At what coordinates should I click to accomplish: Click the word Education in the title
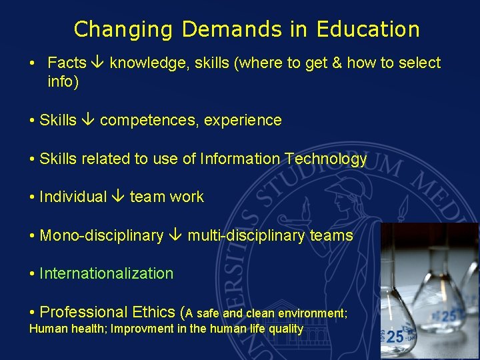(368, 29)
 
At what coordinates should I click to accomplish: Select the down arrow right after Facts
(98, 63)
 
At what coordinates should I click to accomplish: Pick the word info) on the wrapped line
(63, 82)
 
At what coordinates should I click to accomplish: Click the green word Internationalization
(106, 273)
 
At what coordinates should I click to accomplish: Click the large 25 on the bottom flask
(395, 337)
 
